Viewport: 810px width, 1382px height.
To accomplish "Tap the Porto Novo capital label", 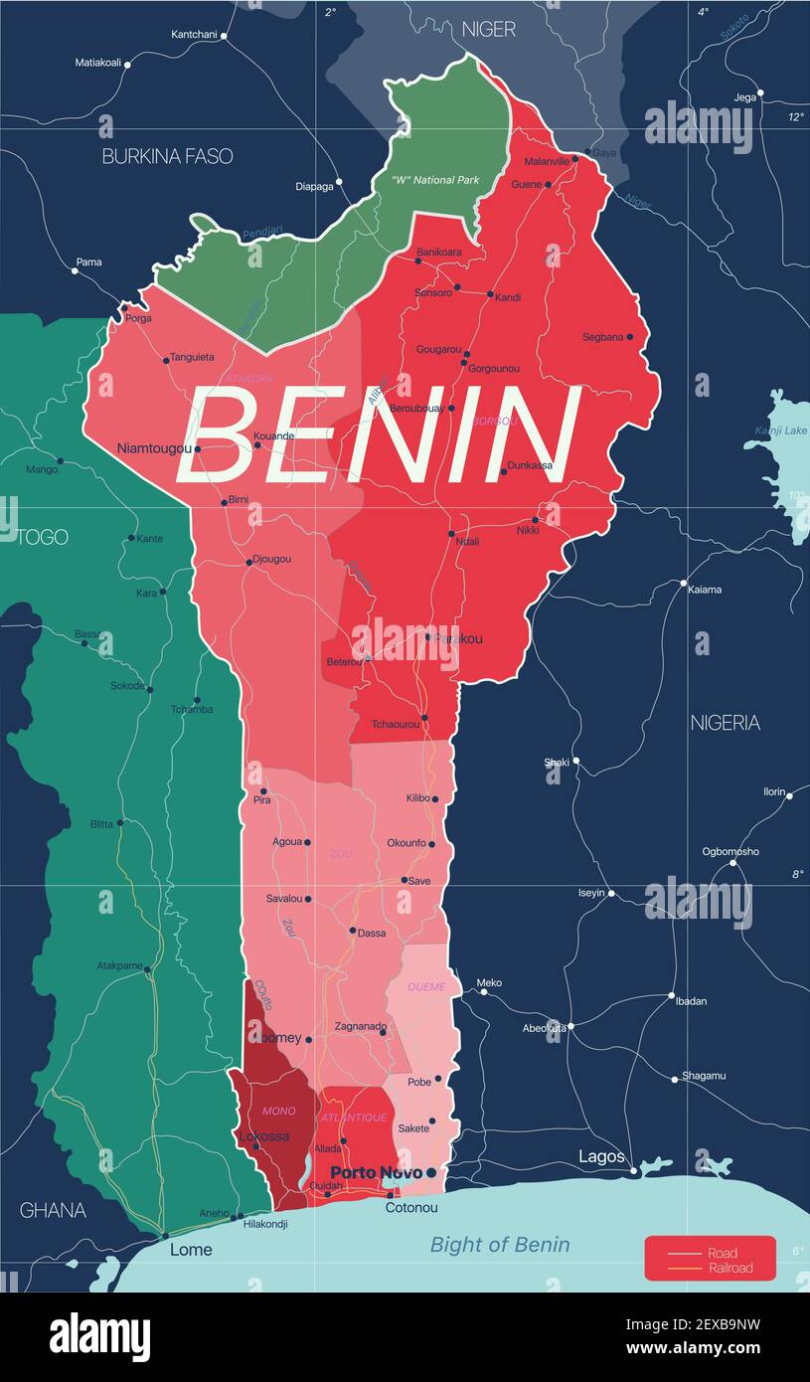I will point(376,1173).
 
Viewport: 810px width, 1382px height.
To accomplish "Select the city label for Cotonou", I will point(411,1208).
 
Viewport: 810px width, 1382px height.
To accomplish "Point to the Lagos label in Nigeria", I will point(602,1156).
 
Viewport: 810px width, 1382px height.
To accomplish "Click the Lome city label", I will point(191,1250).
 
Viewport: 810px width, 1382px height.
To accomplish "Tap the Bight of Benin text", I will point(500,1245).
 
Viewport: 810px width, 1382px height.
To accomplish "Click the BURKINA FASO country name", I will point(167,156).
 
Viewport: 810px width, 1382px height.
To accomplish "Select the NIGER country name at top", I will point(489,30).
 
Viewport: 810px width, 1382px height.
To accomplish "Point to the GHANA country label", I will point(53,1210).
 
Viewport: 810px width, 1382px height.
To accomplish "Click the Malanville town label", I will point(547,161).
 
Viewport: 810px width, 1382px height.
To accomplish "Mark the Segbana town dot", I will point(630,337).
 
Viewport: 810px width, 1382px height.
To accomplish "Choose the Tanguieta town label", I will point(192,357).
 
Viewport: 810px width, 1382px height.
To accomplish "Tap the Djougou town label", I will point(273,559).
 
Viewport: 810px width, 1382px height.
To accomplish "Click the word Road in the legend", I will point(723,1254).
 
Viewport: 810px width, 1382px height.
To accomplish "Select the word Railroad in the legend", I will point(730,1268).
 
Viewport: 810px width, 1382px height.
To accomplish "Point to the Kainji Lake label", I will point(781,431).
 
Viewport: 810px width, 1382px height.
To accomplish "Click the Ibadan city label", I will point(691,1001).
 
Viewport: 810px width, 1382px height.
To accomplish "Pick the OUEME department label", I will point(427,986).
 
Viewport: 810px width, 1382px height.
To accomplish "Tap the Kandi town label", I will point(508,297).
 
